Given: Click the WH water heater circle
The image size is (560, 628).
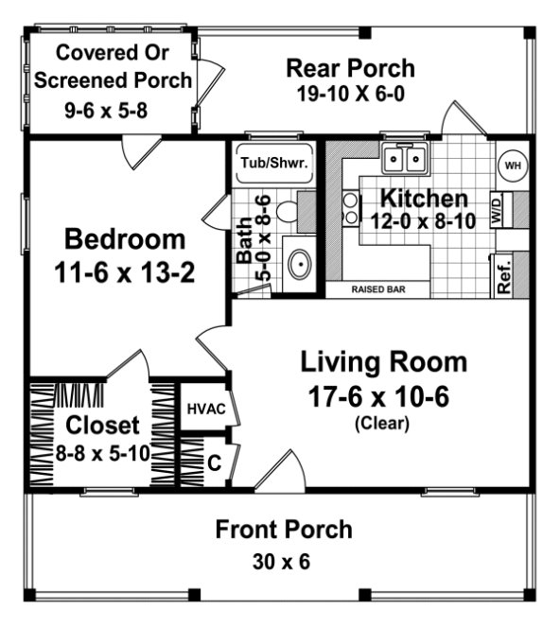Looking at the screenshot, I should pyautogui.click(x=513, y=166).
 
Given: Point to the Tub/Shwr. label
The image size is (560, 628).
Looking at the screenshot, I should pyautogui.click(x=268, y=163).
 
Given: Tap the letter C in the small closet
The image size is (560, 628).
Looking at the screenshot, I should pyautogui.click(x=214, y=463).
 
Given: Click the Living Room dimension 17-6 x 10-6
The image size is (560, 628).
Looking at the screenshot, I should pyautogui.click(x=383, y=396).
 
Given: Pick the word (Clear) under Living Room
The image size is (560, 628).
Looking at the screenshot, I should pyautogui.click(x=382, y=425).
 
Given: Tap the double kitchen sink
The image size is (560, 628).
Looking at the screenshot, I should pyautogui.click(x=405, y=158).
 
